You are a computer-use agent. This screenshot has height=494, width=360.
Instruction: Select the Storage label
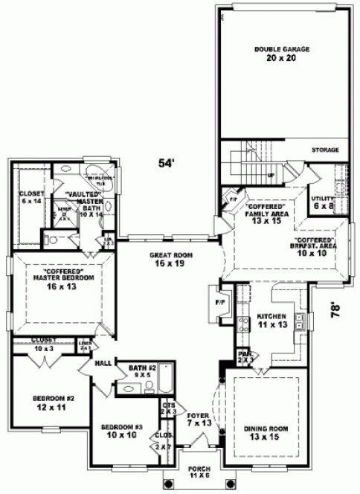[325, 150]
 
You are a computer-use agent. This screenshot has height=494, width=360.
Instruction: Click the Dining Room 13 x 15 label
[264, 432]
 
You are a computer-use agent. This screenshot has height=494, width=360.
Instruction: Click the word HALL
[103, 363]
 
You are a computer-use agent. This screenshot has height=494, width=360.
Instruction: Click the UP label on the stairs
[270, 176]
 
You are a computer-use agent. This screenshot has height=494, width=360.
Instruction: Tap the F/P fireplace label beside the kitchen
[219, 304]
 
